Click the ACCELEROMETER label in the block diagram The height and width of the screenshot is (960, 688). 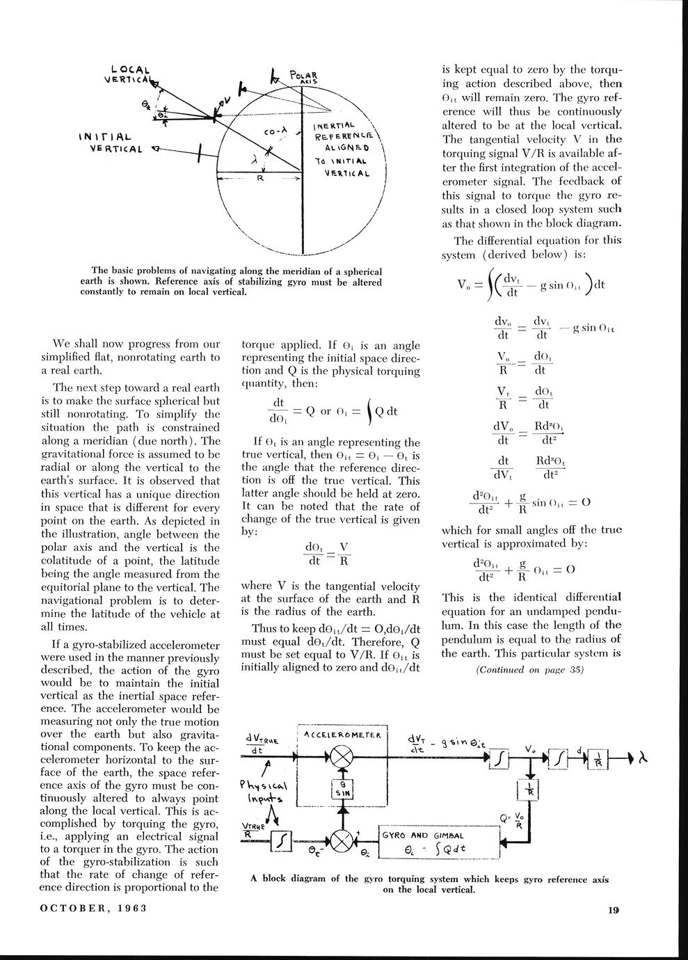coord(342,735)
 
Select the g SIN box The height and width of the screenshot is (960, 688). coord(342,787)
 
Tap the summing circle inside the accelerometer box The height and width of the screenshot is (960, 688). coord(342,757)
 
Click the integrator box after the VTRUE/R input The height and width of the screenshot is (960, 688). coord(280,841)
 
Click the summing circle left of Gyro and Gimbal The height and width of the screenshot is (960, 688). coord(342,841)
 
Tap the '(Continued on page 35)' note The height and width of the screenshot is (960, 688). coord(530,670)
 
